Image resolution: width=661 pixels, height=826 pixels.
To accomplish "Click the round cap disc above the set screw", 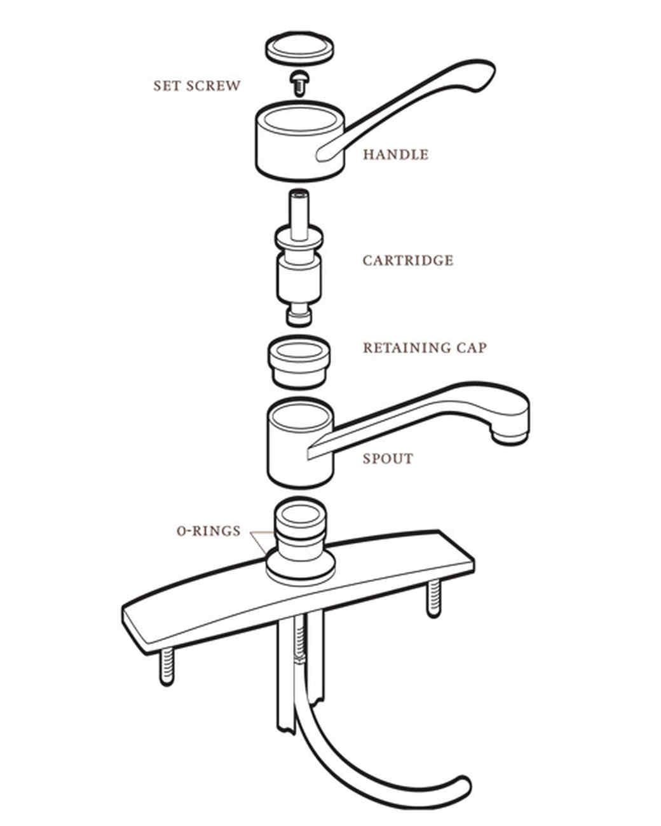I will [299, 50].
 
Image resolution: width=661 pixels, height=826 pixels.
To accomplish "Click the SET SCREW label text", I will [197, 86].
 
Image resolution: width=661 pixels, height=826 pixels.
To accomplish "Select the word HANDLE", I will [395, 154].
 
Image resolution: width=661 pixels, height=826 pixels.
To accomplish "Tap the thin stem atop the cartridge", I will [298, 210].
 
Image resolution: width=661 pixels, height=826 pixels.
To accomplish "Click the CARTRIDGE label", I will [408, 261].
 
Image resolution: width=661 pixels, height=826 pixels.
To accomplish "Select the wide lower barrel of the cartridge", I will [299, 280].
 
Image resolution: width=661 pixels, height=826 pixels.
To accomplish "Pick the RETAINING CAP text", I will [425, 348].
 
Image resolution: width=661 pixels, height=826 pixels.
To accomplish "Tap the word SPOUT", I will [388, 459].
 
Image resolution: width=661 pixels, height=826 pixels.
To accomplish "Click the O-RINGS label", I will [208, 531].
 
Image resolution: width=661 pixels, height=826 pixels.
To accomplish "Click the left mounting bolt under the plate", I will [166, 667].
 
